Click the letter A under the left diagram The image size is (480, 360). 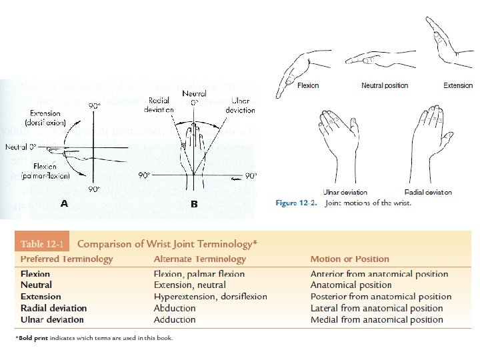pyautogui.click(x=64, y=204)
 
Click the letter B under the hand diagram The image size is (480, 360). pyautogui.click(x=194, y=204)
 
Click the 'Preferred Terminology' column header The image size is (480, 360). pyautogui.click(x=67, y=259)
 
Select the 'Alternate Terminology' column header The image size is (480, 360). pyautogui.click(x=199, y=259)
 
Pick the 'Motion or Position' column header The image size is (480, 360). pyautogui.click(x=350, y=259)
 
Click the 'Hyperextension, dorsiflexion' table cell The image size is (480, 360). pyautogui.click(x=210, y=297)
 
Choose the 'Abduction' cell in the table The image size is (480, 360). pyautogui.click(x=175, y=308)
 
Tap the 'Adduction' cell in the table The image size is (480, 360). pyautogui.click(x=175, y=319)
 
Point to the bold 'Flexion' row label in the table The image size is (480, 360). pyautogui.click(x=35, y=274)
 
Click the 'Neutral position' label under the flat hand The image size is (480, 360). pyautogui.click(x=385, y=85)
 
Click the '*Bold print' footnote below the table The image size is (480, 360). pyautogui.click(x=37, y=338)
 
